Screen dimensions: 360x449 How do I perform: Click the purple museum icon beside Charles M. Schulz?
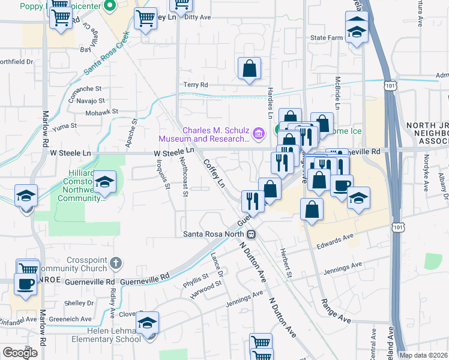tap(259, 133)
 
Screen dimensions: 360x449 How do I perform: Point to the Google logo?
tap(20, 352)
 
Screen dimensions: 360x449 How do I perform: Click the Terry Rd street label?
tap(195, 85)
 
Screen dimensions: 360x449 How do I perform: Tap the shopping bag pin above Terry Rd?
tap(249, 70)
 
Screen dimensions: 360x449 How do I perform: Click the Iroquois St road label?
tap(160, 173)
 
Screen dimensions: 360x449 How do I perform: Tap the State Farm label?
tap(326, 38)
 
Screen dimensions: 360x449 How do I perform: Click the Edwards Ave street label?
tap(336, 238)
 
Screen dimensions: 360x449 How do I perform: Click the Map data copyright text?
tap(423, 355)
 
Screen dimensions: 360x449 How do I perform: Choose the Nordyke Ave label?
tap(426, 173)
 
